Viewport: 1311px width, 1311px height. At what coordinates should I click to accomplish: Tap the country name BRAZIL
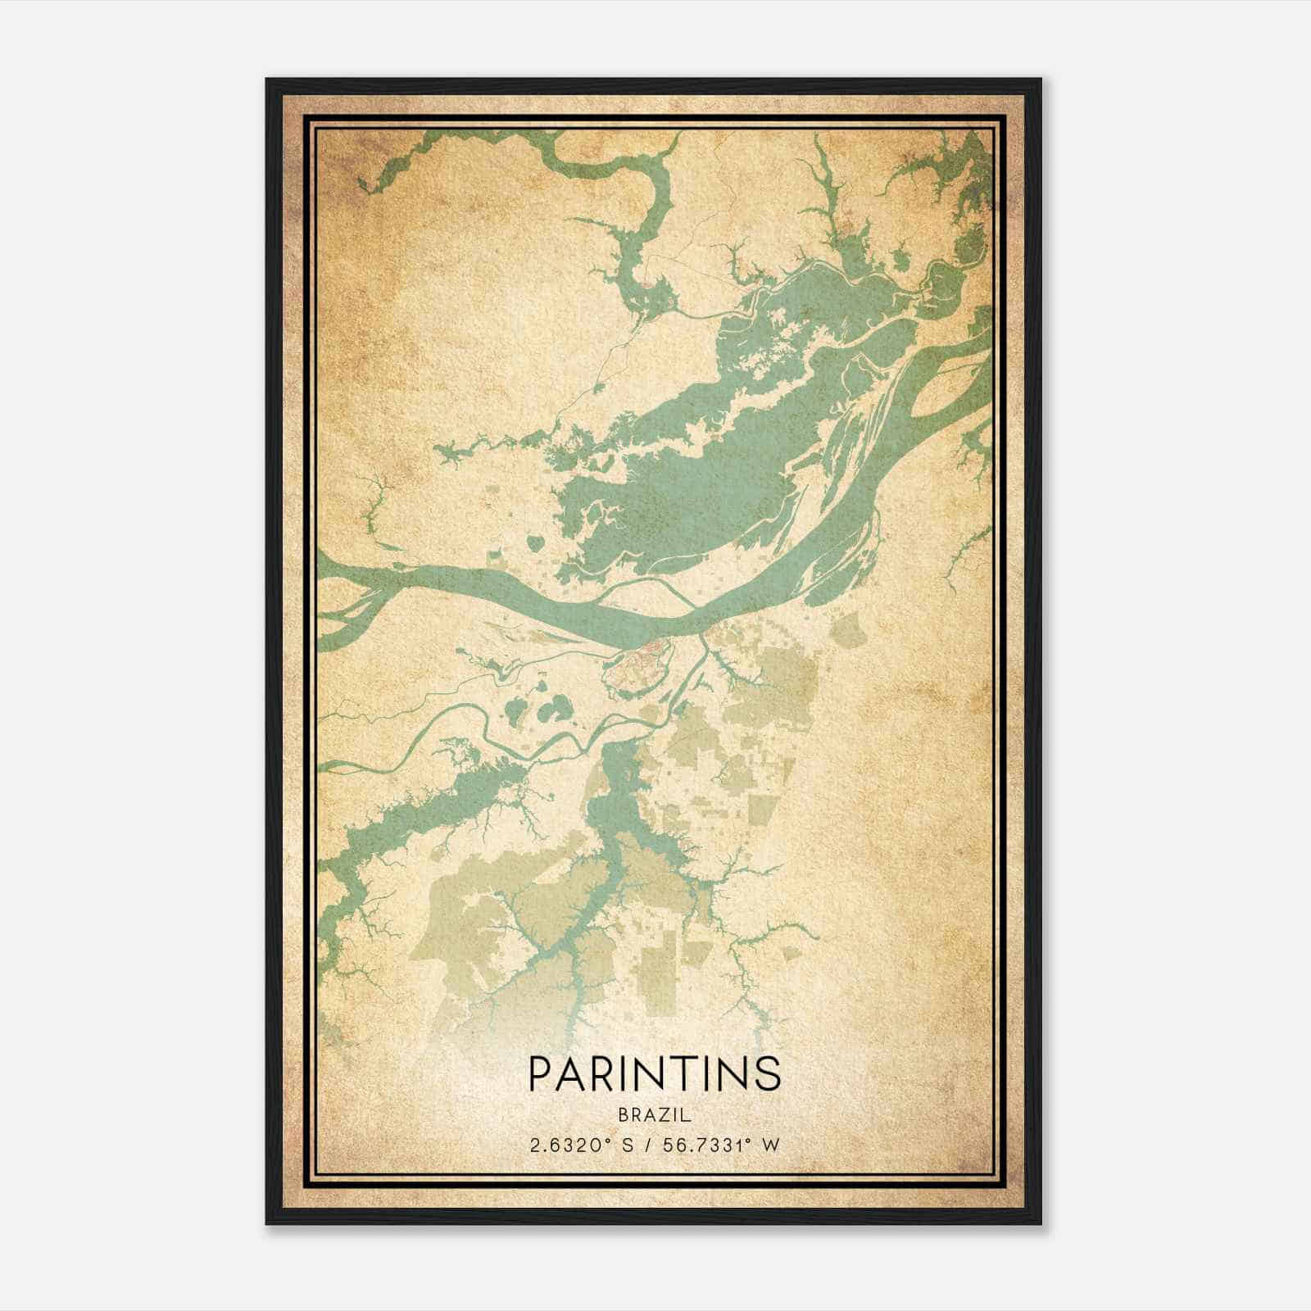coord(655,1115)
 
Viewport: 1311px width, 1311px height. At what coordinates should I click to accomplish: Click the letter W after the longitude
coord(770,1145)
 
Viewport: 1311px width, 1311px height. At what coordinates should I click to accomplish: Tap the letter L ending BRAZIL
coord(687,1115)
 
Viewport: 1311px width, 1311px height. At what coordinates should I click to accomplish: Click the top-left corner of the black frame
coord(268,80)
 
